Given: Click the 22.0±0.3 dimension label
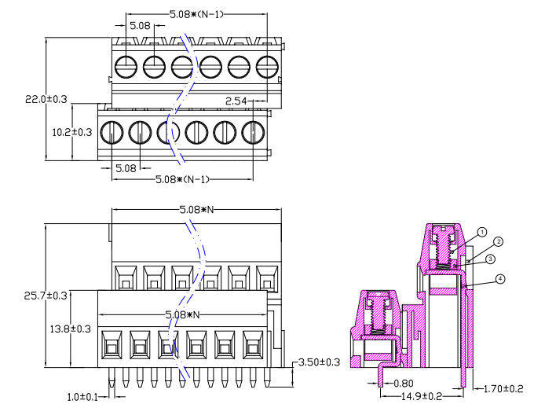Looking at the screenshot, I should [x=46, y=100].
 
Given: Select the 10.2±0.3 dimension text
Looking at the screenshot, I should [x=72, y=132].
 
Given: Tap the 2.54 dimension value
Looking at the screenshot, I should [x=236, y=101].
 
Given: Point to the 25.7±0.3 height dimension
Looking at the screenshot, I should [x=46, y=296].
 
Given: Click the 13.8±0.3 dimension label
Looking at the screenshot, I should [x=72, y=329].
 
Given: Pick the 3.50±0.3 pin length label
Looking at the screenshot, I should [x=320, y=362].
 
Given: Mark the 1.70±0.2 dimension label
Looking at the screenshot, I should [x=503, y=388].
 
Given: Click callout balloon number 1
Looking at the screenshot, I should [x=482, y=232].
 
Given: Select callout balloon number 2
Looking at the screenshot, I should [x=498, y=241].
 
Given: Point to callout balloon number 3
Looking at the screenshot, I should [x=489, y=259].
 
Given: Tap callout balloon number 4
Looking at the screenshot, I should [x=500, y=278].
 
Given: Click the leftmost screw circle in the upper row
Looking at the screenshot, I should [x=125, y=66].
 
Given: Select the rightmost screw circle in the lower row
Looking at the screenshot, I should [x=253, y=131].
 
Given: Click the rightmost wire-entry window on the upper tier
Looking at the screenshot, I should [x=267, y=279].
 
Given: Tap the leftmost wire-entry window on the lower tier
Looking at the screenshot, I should [x=112, y=343].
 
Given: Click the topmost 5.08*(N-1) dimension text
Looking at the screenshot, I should [x=198, y=14].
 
